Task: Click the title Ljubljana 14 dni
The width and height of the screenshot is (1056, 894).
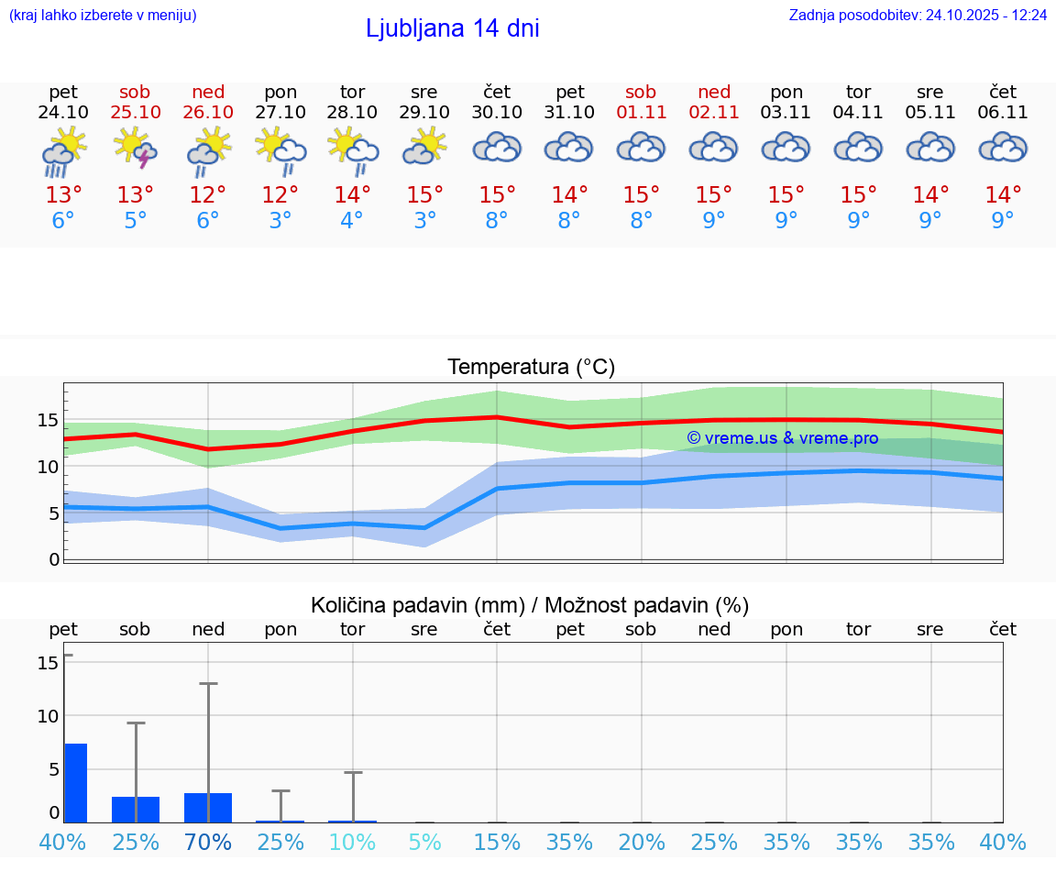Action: tap(452, 28)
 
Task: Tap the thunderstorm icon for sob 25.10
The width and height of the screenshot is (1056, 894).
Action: tap(135, 148)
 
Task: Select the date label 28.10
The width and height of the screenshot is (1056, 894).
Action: tap(352, 113)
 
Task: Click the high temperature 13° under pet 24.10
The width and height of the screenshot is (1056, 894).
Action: tap(63, 194)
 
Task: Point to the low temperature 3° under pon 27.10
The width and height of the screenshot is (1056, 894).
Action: tap(280, 220)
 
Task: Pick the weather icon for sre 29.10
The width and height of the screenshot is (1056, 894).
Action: tap(424, 148)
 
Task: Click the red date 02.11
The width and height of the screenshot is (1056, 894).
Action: tap(714, 113)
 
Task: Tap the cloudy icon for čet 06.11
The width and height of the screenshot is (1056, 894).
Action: tap(1003, 148)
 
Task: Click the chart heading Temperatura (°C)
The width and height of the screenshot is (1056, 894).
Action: tap(531, 368)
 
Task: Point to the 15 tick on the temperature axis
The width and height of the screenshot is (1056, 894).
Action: tap(49, 421)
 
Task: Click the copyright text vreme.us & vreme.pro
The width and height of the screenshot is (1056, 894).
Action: tap(783, 438)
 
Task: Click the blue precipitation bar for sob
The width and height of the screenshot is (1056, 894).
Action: tap(136, 810)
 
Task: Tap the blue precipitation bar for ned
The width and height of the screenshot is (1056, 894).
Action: tap(208, 808)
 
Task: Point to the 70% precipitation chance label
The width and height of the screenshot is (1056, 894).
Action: tap(208, 842)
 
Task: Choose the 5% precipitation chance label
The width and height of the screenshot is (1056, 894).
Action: tap(424, 842)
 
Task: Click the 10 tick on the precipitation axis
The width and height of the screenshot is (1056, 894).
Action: tap(49, 716)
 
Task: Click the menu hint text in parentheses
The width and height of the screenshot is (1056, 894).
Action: tap(102, 16)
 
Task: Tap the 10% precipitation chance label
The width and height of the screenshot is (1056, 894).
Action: tap(352, 842)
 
